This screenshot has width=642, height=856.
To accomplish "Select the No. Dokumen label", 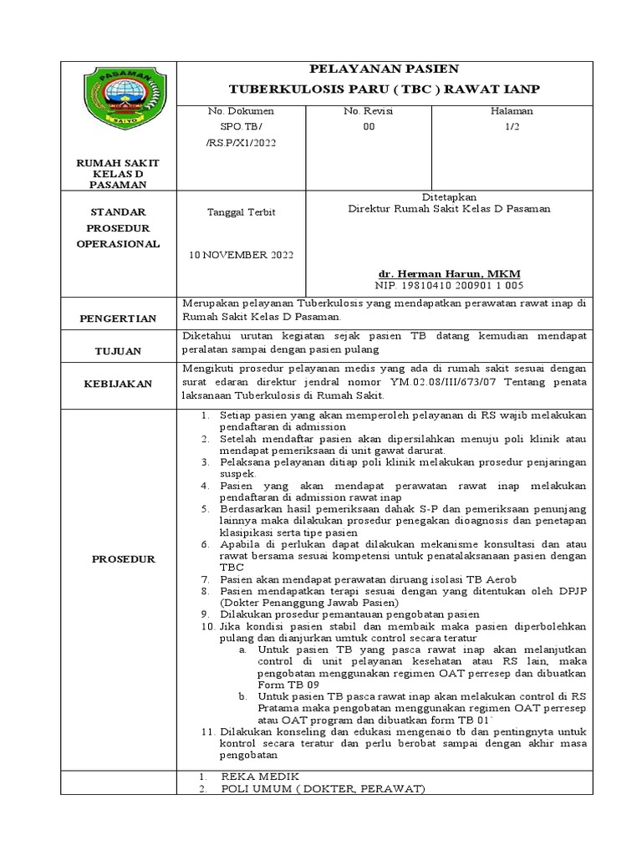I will (236, 111).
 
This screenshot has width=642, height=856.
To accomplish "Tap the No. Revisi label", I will (368, 111).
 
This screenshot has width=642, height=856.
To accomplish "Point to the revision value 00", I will (369, 127).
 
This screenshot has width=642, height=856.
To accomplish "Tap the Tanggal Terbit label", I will (241, 212).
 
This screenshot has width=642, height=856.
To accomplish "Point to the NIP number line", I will (450, 286).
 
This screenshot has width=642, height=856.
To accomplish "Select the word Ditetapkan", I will (449, 196).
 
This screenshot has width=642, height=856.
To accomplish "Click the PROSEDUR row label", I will (124, 559).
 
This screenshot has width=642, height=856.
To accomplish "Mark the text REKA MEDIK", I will (259, 777).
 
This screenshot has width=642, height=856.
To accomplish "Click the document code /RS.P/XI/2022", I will (240, 142).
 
